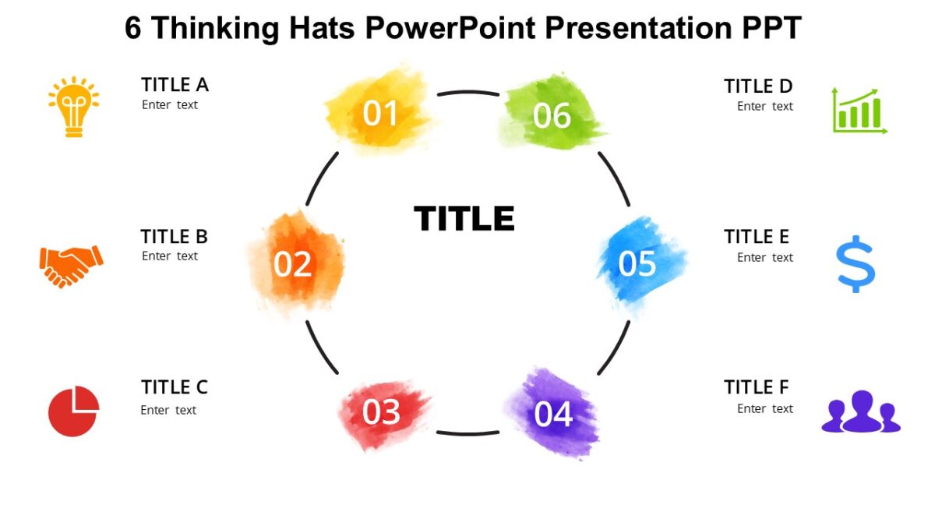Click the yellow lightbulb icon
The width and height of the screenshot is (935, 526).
[x=73, y=108]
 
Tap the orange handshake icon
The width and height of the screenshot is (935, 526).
[x=71, y=265]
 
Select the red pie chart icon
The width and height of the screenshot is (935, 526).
[x=73, y=411]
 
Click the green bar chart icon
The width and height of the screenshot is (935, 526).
[x=859, y=111]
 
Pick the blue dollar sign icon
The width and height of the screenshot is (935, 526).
[x=856, y=263]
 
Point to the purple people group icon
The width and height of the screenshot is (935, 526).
[x=861, y=411]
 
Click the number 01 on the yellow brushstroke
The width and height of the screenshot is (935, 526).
[x=380, y=114]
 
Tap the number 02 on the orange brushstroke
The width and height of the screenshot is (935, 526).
[x=292, y=265]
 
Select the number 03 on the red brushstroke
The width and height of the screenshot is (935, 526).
[x=381, y=412]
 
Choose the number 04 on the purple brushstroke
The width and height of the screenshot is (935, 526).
[x=553, y=415]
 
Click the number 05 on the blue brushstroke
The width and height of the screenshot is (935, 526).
[x=637, y=264]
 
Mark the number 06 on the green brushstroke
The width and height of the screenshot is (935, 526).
[x=552, y=116]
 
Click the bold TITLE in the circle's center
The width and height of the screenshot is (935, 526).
[x=464, y=219]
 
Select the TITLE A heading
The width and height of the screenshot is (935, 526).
[x=175, y=85]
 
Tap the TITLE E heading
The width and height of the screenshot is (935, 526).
[x=756, y=237]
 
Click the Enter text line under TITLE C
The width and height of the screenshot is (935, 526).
[x=168, y=410]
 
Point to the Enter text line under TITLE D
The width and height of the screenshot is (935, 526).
[x=764, y=106]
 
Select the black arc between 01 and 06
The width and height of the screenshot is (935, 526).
[x=467, y=93]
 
